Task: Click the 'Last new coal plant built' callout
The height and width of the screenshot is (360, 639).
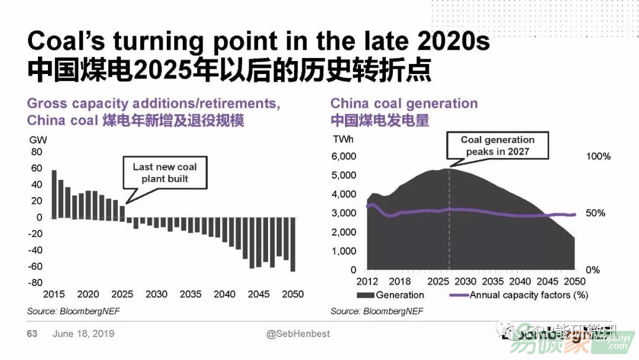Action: pyautogui.click(x=164, y=172)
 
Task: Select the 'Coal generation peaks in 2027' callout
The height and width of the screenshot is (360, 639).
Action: pyautogui.click(x=497, y=146)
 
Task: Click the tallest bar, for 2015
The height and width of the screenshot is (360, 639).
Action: pyautogui.click(x=54, y=194)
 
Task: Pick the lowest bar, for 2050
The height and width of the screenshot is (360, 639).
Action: pyautogui.click(x=292, y=244)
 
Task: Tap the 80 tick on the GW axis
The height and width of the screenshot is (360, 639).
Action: pyautogui.click(x=37, y=152)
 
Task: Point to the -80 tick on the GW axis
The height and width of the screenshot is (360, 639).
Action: pyautogui.click(x=35, y=282)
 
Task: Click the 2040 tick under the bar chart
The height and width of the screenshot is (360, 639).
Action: pyautogui.click(x=224, y=294)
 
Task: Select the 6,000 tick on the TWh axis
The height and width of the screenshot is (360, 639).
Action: pyautogui.click(x=344, y=156)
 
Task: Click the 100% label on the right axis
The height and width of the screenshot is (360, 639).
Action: pyautogui.click(x=598, y=156)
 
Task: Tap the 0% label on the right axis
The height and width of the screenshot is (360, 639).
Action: pyautogui.click(x=593, y=270)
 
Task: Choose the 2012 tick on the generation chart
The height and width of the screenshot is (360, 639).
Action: pyautogui.click(x=367, y=281)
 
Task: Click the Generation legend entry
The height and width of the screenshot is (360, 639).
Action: pyautogui.click(x=390, y=295)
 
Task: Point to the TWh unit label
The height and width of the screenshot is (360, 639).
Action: pyautogui.click(x=344, y=140)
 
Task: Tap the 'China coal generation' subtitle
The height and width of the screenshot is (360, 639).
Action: pyautogui.click(x=404, y=103)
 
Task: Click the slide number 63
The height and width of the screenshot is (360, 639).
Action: pyautogui.click(x=32, y=334)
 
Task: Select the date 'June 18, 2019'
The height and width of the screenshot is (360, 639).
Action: pyautogui.click(x=83, y=334)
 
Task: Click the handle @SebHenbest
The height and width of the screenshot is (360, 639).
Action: pyautogui.click(x=298, y=334)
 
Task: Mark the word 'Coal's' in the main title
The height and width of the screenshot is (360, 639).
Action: pyautogui.click(x=66, y=43)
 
